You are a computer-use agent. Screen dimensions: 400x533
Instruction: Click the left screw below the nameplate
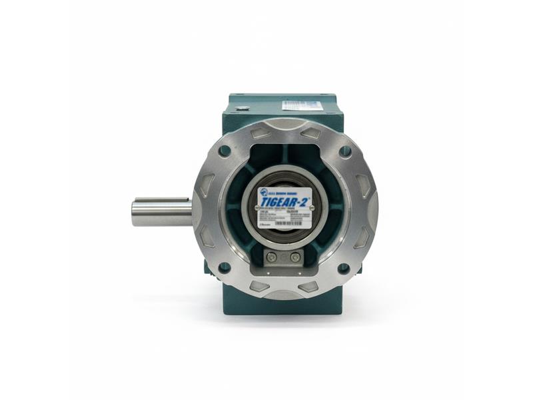[272, 257]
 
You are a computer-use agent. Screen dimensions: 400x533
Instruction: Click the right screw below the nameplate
[295, 257]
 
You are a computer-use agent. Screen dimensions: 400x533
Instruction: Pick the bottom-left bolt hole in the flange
[225, 267]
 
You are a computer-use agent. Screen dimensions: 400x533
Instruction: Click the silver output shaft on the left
[160, 212]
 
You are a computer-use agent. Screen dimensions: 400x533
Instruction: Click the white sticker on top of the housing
[303, 105]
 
